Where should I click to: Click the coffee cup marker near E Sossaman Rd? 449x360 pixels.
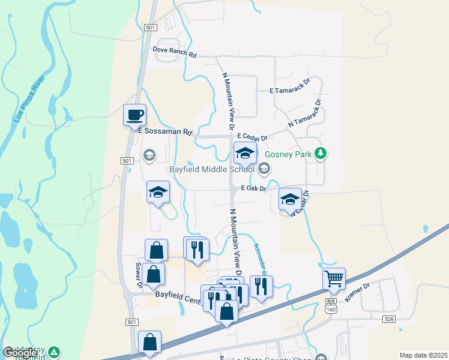tap(134, 115)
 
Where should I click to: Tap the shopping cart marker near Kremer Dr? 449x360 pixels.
tap(334, 278)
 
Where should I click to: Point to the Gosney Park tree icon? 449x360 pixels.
tap(322, 154)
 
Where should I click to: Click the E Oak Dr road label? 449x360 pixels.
tap(253, 188)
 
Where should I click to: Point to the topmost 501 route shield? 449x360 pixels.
tap(151, 28)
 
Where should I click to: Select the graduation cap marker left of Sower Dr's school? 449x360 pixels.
tap(158, 193)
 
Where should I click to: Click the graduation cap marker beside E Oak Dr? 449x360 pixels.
tap(290, 199)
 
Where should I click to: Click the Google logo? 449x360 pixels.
tap(20, 353)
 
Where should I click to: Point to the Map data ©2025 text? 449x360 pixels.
tap(424, 355)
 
